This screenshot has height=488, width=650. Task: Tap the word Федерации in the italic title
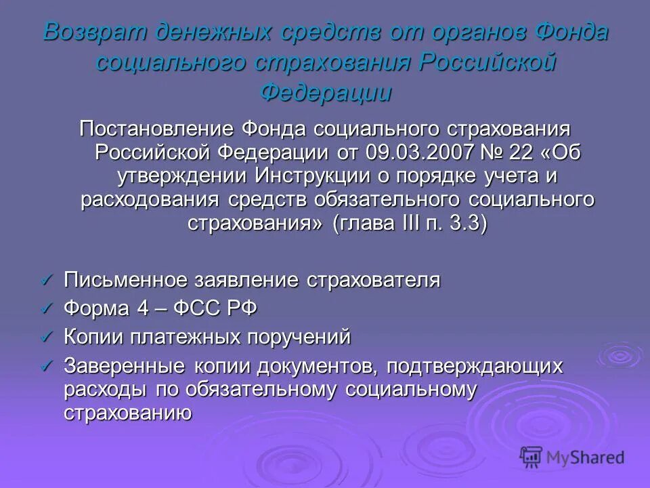click(326, 91)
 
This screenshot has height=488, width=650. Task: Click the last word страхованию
click(129, 413)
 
